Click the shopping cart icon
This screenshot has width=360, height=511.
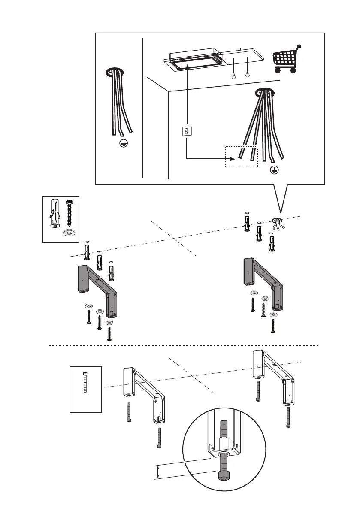[x=286, y=60]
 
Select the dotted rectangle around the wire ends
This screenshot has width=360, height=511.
[x=241, y=157]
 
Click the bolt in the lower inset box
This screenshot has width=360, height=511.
[x=85, y=382]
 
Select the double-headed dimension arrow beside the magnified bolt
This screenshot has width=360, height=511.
[x=158, y=473]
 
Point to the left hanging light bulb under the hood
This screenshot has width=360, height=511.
[x=233, y=76]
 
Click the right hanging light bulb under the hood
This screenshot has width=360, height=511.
[x=247, y=75]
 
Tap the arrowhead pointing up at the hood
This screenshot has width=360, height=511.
[x=188, y=66]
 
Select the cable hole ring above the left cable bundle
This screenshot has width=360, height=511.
[x=115, y=71]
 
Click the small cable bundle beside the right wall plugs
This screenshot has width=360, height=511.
[x=278, y=224]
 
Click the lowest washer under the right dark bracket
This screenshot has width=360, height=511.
[x=273, y=314]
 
